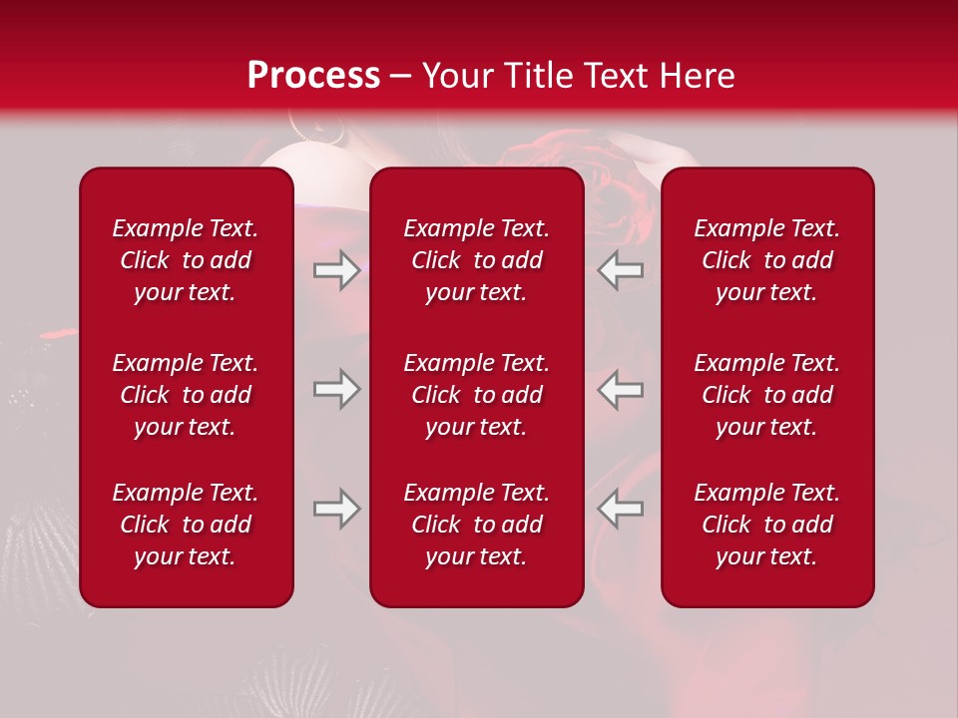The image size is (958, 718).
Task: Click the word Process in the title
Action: (x=313, y=76)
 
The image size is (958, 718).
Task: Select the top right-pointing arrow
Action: (x=336, y=270)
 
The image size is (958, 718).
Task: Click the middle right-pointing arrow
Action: (x=336, y=389)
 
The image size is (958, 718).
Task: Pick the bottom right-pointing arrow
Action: (x=336, y=509)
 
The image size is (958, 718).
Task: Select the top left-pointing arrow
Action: (x=621, y=270)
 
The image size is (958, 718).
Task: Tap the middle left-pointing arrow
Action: (x=621, y=389)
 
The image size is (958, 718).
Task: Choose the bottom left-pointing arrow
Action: (x=621, y=509)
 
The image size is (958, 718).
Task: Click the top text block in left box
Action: (x=186, y=260)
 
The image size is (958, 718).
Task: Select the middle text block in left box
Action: (x=186, y=395)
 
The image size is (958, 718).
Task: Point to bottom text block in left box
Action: (x=186, y=525)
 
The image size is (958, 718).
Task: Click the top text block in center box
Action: (x=476, y=260)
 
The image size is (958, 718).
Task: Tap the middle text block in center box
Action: (x=476, y=395)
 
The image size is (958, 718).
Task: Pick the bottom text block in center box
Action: (x=476, y=525)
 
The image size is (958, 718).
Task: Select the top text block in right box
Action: (x=766, y=260)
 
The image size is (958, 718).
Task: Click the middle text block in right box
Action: (x=766, y=395)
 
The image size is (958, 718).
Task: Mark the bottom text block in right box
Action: (x=766, y=525)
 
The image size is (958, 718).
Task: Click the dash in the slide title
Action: (x=401, y=77)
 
